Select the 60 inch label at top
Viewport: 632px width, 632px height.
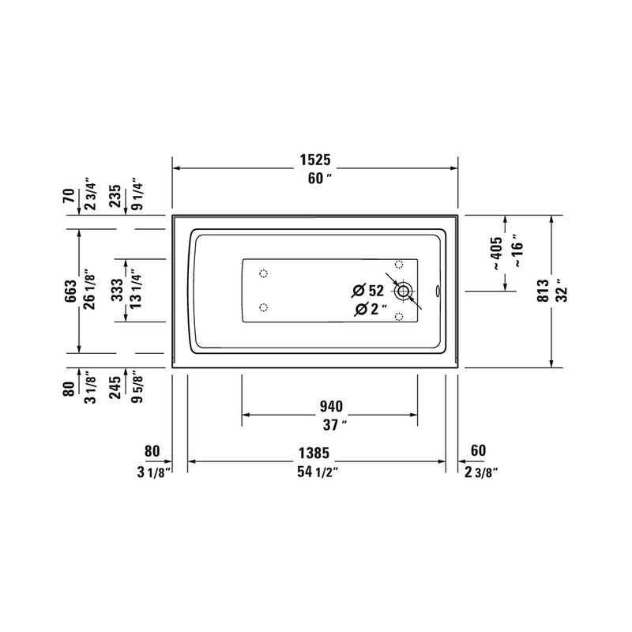[315, 179]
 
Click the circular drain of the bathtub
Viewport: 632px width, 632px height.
[404, 292]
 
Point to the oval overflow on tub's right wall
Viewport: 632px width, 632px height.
[441, 291]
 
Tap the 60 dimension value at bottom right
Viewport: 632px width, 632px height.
[478, 451]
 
